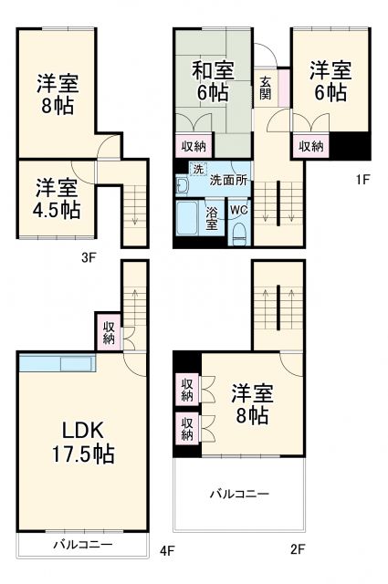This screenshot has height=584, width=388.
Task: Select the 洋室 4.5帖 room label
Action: [x=58, y=198]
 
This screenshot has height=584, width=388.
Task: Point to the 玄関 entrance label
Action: [x=264, y=86]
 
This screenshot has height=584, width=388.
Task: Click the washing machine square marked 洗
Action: [x=197, y=168]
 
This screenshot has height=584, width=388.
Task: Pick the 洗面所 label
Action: [x=227, y=181]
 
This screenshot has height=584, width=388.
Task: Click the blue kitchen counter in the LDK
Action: [x=55, y=363]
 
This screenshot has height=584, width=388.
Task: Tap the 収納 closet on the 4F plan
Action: [x=109, y=333]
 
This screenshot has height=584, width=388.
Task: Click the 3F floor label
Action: [x=88, y=257]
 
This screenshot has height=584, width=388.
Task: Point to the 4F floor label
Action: [x=166, y=551]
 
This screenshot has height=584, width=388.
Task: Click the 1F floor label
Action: [x=361, y=180]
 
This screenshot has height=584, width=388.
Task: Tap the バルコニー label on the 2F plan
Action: [x=239, y=494]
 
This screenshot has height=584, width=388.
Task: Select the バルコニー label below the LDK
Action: [x=82, y=545]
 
